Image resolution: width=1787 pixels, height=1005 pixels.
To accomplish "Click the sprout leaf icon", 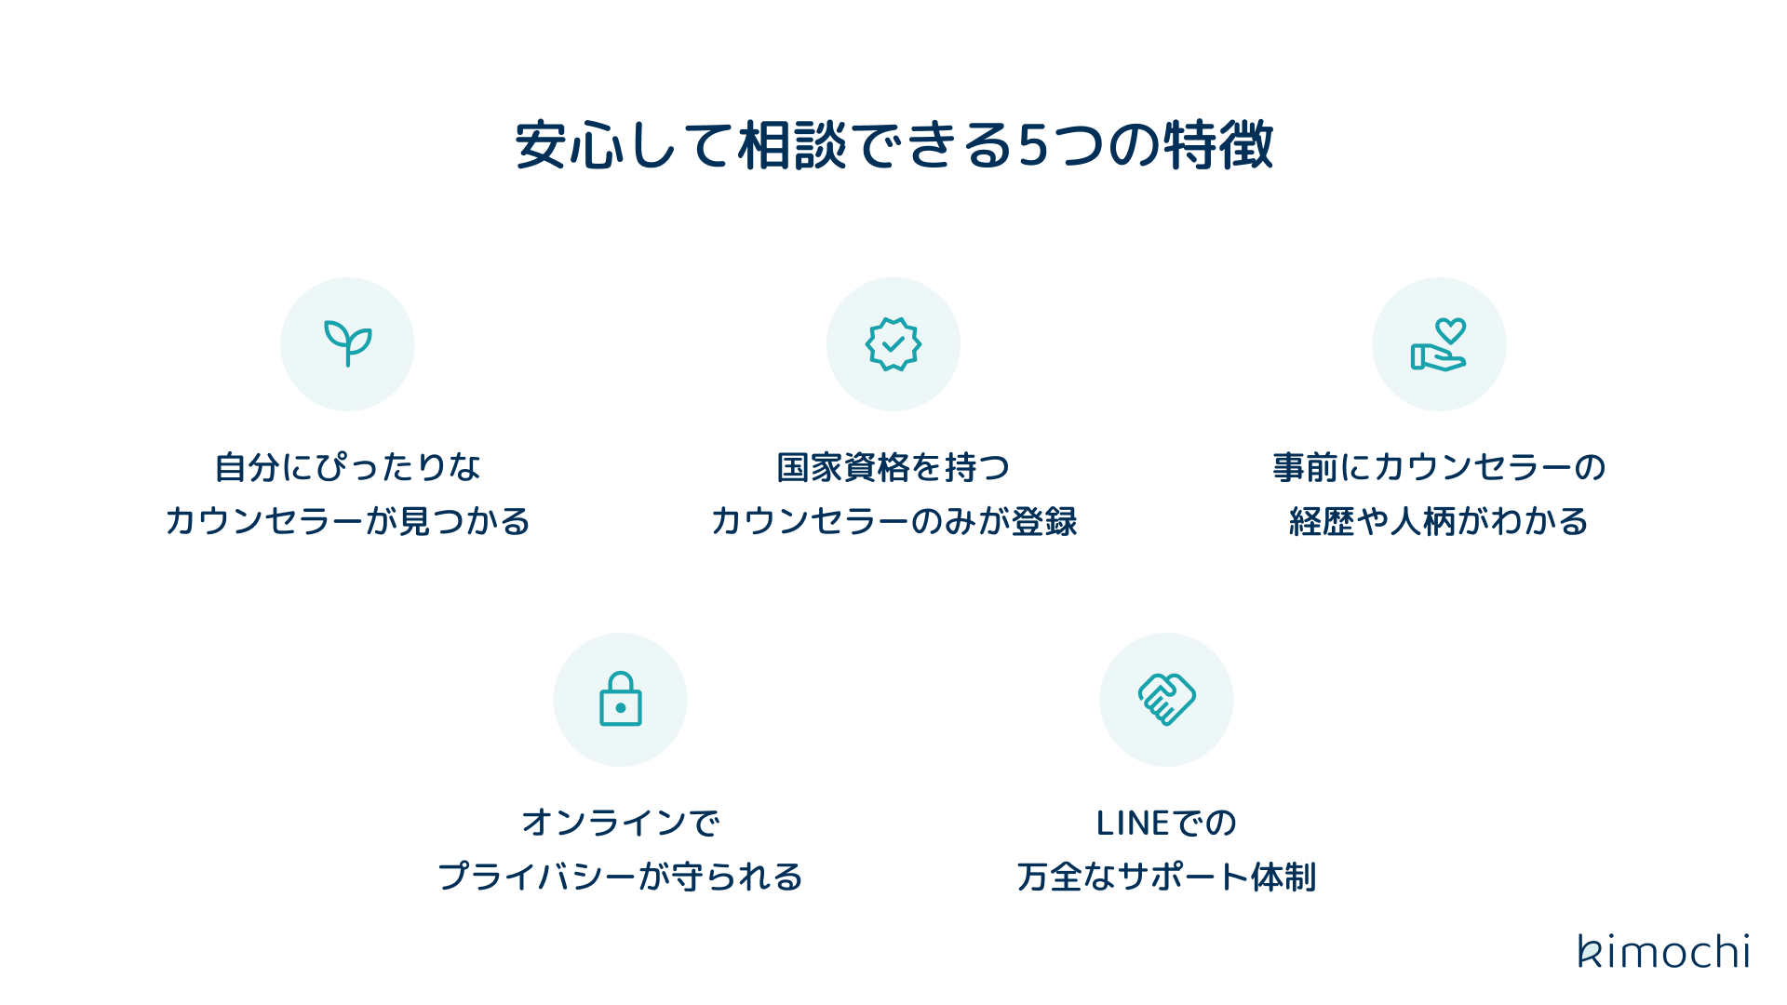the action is coord(347,343).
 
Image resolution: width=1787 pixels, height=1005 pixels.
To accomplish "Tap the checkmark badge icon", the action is coord(893,344).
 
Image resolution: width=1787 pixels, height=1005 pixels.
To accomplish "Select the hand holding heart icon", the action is coord(1439,344).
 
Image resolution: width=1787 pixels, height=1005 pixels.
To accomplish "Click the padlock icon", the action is coord(621,700).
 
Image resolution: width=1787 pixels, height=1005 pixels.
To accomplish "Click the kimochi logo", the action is coord(1663,951).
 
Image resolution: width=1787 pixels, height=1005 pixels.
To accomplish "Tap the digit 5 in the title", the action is coord(1034,146).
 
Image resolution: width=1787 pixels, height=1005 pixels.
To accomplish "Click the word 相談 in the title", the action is coord(792,146).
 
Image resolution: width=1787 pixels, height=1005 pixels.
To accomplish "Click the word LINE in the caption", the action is coord(1132,824).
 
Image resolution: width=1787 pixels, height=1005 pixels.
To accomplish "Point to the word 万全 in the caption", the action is coord(1049,878).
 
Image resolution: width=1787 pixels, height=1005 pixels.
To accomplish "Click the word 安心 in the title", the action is coord(570,146).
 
